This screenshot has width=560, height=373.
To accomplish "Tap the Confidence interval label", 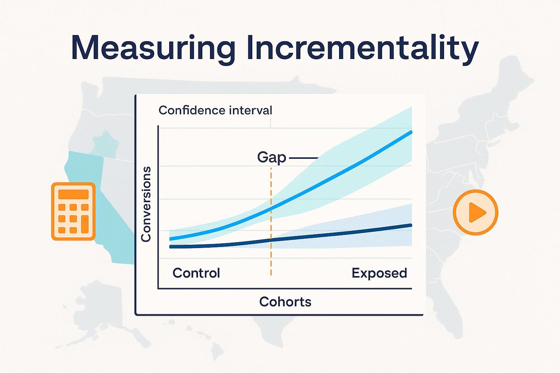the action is point(215,110).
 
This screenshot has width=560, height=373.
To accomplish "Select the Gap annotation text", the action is point(272,158).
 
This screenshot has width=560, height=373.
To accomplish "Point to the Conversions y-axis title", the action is point(146,204).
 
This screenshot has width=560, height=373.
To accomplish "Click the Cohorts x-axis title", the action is point(285,302).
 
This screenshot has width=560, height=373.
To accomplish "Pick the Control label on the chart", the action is point(196,273).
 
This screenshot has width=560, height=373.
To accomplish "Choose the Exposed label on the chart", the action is point(379,273).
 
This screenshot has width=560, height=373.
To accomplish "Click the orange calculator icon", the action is point(73,211).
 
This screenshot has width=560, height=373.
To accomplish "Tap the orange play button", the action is point(475,212).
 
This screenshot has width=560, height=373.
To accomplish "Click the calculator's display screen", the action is point(73,195).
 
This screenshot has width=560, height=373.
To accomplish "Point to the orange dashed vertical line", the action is point(271,221).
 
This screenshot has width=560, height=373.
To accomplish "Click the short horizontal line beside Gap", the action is point(303,158).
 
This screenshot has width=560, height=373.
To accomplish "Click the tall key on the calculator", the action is point(85,224).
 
